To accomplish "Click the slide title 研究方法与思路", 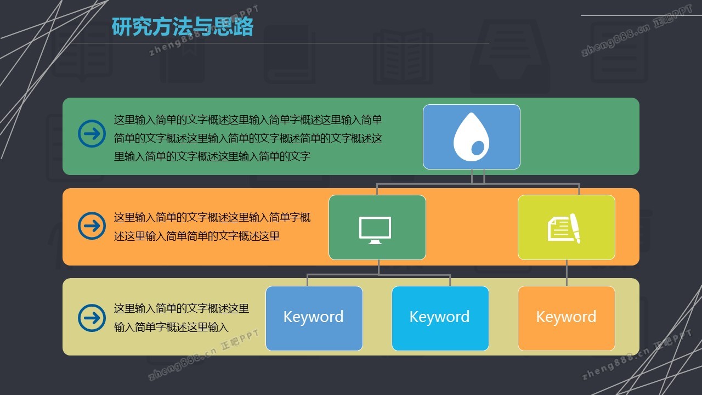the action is [183, 27].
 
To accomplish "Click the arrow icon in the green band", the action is [92, 133].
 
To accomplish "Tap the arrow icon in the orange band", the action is [92, 225].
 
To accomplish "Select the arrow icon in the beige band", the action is [92, 318].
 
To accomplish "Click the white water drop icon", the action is [471, 137].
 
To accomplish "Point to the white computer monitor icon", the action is [375, 230].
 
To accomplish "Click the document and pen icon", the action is [564, 229].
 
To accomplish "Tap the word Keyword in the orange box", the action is [567, 317].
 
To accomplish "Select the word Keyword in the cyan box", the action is [440, 317].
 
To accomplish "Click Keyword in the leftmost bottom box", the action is [313, 317].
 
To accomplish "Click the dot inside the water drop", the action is [478, 148].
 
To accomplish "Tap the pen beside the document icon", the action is [575, 228].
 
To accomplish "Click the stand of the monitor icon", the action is [375, 242].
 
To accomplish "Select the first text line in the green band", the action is [248, 120].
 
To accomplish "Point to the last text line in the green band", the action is [212, 156].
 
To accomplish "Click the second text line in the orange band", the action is [196, 236].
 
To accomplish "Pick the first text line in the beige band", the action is [181, 308].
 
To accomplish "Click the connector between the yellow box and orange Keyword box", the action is [567, 273].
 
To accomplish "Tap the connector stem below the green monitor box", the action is [379, 267].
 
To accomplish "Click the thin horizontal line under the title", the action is [280, 43].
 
